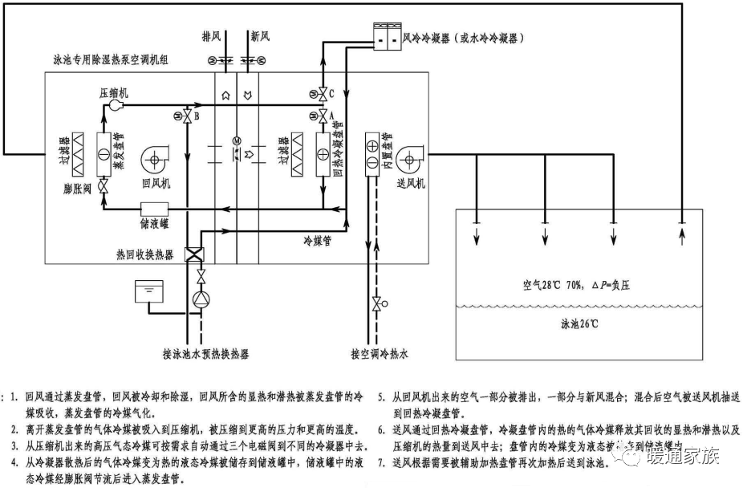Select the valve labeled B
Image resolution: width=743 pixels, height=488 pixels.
tap(187, 117)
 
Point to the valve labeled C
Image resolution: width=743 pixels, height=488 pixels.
tap(322, 95)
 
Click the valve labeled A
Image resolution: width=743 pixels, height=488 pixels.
tap(322, 117)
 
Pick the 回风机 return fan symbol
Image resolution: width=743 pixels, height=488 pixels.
tap(155, 161)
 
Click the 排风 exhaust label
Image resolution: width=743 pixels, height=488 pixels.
tap(212, 37)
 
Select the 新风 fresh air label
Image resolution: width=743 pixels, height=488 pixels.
tap(259, 37)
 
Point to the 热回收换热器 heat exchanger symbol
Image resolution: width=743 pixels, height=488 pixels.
tap(195, 254)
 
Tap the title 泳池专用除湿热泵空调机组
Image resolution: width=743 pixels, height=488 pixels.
tap(116, 60)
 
